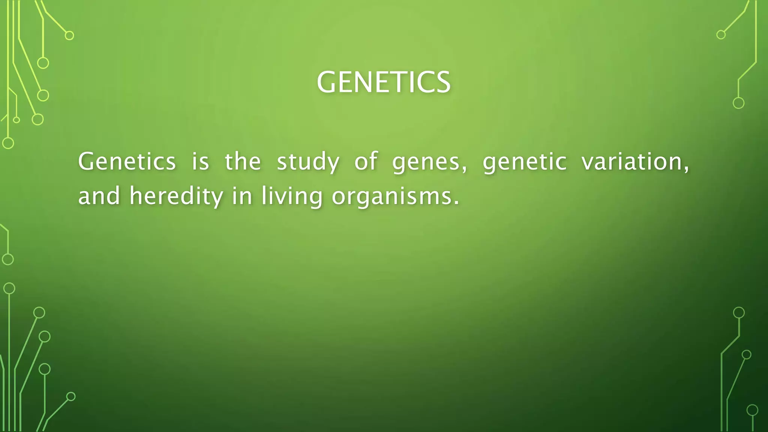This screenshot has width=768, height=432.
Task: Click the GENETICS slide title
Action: coord(383,82)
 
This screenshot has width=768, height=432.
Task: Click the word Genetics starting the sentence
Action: coord(127,162)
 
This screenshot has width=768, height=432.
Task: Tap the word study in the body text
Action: coord(308,162)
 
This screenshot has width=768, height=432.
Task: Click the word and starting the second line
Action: coord(99,196)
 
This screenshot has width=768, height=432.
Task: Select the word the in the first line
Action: coord(243,162)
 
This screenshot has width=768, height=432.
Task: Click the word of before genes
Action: coord(366,162)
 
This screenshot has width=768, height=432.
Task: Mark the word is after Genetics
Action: coord(200,162)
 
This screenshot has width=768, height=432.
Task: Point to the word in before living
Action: coord(242,196)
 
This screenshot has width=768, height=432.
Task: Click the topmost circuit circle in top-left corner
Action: coord(69,36)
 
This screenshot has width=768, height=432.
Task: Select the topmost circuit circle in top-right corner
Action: coord(721,35)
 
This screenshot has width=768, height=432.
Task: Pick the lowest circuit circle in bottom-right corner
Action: coord(752,410)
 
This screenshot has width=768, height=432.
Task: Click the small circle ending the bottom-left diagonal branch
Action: coord(71,396)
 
